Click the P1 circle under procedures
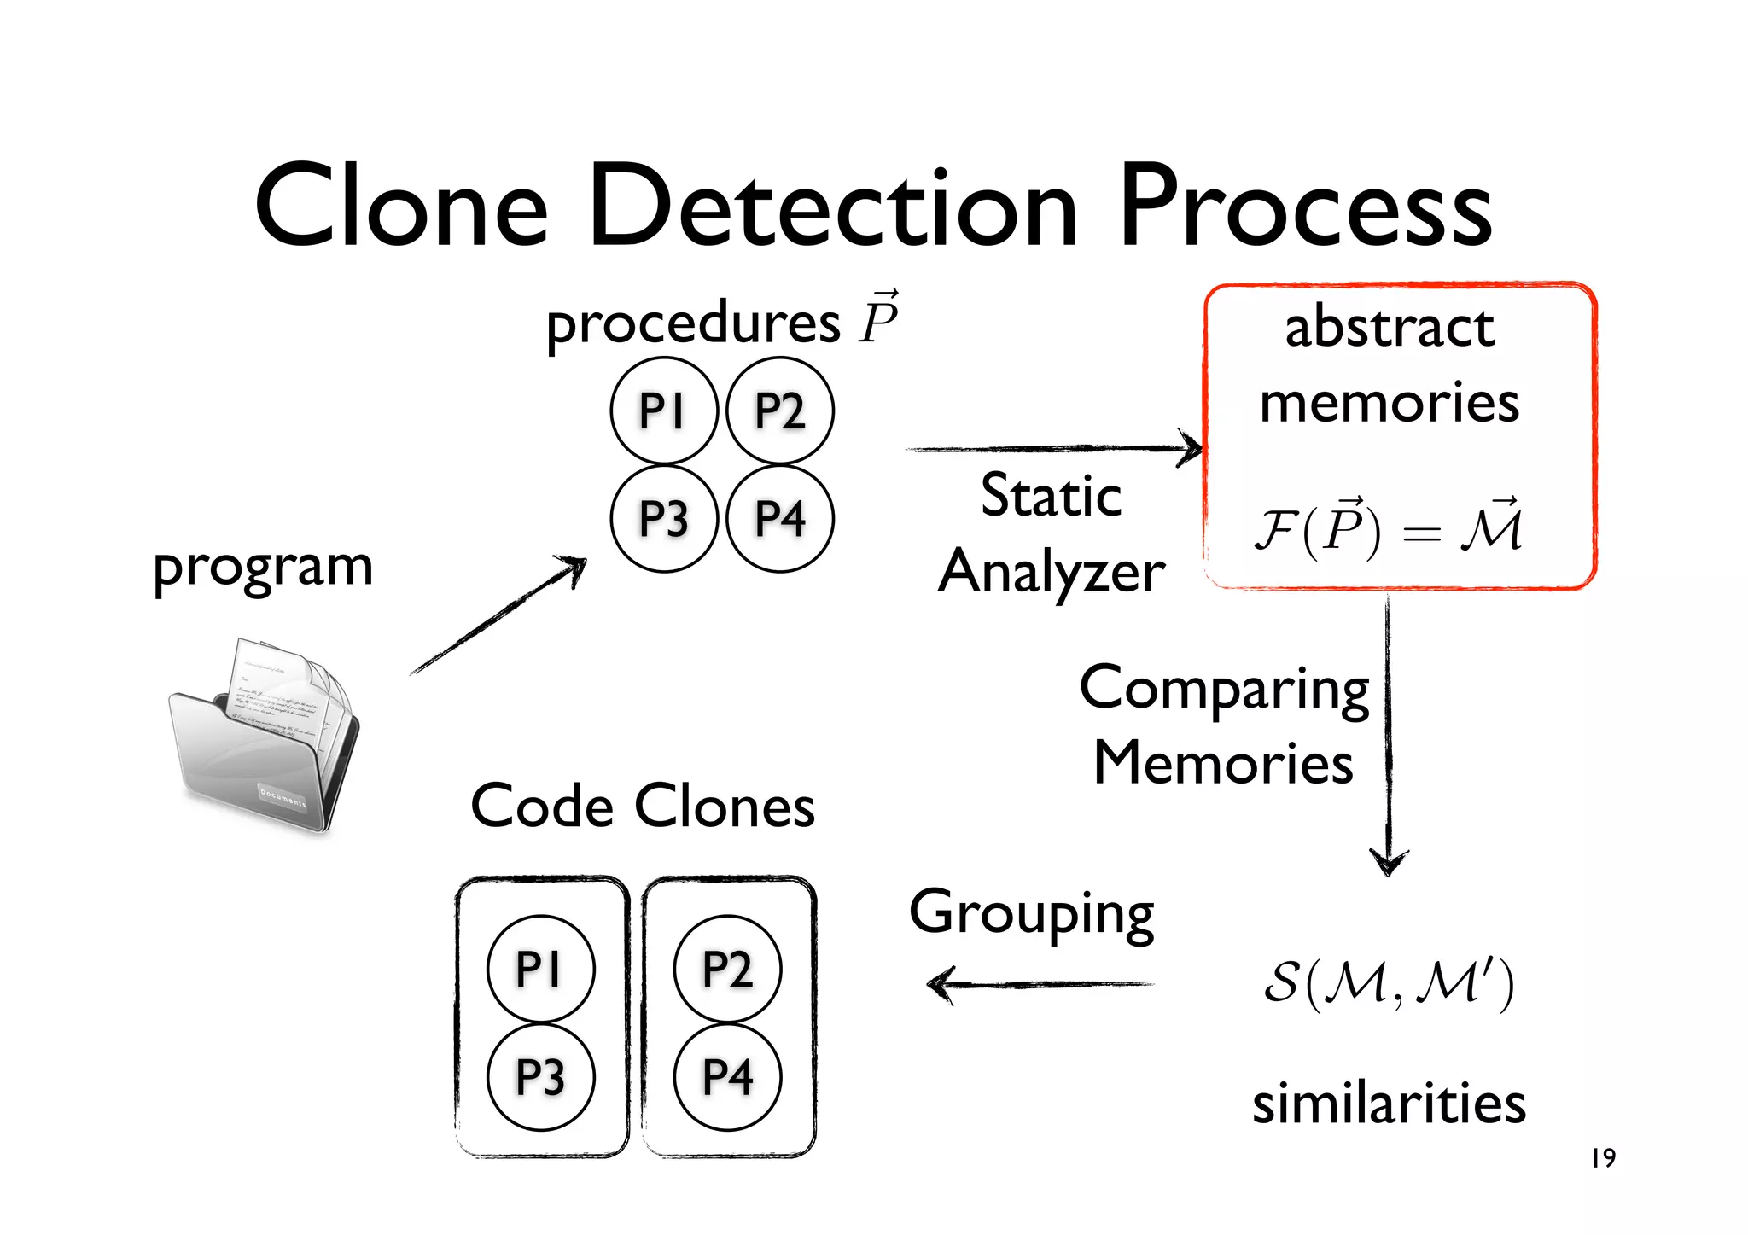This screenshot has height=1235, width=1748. pyautogui.click(x=663, y=411)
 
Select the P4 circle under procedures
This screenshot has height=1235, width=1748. pyautogui.click(x=779, y=518)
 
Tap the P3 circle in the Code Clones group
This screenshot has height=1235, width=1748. pyautogui.click(x=540, y=1077)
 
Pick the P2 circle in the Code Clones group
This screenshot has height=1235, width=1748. pyautogui.click(x=727, y=969)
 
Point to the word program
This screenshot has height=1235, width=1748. pyautogui.click(x=263, y=568)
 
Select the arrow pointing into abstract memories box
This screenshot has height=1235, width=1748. pyautogui.click(x=1054, y=448)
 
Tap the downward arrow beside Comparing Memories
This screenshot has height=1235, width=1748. pyautogui.click(x=1388, y=734)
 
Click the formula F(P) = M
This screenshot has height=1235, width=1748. pyautogui.click(x=1388, y=529)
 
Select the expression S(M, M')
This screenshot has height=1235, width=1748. pyautogui.click(x=1388, y=983)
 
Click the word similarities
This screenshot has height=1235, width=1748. pyautogui.click(x=1389, y=1103)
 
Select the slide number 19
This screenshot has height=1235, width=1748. pyautogui.click(x=1603, y=1158)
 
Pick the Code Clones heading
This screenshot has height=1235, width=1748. pyautogui.click(x=643, y=806)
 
